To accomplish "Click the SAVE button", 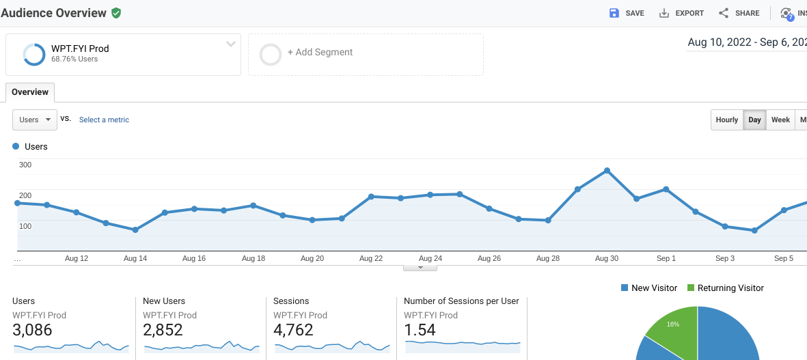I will tap(627, 13).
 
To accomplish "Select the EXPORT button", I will tap(681, 13).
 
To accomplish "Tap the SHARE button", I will tap(739, 13).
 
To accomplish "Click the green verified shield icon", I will tap(116, 13).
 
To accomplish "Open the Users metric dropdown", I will tap(35, 120).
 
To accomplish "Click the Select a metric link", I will tap(104, 120).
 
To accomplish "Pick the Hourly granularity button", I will tap(726, 120).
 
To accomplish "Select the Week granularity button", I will tap(780, 120).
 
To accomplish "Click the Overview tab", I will tap(30, 92).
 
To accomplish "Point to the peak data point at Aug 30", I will tap(607, 171).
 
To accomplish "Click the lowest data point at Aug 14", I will tap(135, 230).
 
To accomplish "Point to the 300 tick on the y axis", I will tap(25, 165).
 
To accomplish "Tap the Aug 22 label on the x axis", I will tap(371, 258).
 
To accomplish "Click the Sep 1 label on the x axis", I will tap(666, 258).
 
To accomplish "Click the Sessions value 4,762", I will tap(293, 331).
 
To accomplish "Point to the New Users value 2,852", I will tap(163, 331).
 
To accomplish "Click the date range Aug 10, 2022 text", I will tap(719, 42).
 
